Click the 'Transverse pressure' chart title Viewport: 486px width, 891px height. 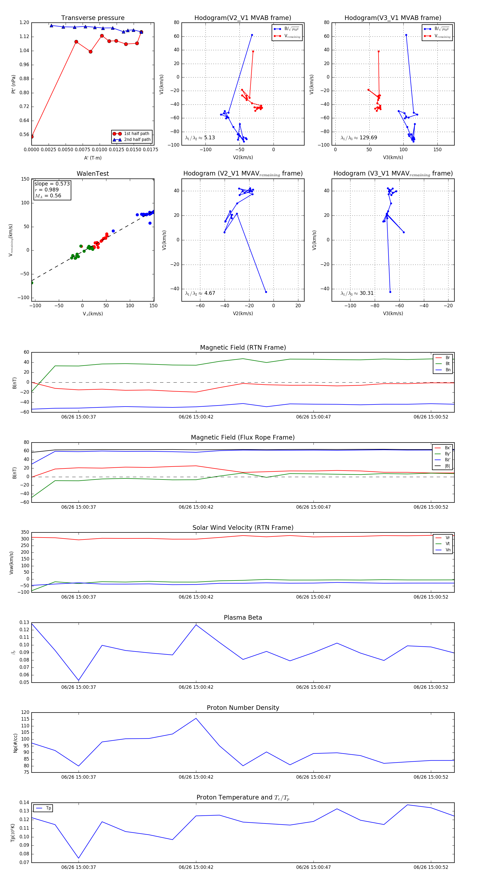pos(93,18)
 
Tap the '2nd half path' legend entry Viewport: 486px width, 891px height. pos(137,140)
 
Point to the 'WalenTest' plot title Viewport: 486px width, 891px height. pos(93,174)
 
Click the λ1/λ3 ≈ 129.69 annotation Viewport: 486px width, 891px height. pos(359,138)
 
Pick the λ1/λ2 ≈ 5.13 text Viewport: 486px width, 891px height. pos(200,138)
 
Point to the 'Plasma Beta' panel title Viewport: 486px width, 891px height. pos(243,618)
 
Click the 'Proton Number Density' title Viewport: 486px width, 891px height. pos(243,708)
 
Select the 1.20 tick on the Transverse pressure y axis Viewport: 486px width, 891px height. pos(24,22)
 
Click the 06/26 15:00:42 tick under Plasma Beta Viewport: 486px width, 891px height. pos(196,687)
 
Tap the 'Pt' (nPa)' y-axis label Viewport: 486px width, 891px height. pos(13,84)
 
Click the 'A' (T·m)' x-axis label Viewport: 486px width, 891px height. pos(93,158)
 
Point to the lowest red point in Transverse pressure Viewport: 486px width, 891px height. pos(32,137)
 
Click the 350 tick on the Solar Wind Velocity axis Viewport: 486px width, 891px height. pos(25,532)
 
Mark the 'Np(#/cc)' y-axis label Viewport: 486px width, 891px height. pos(15,743)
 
